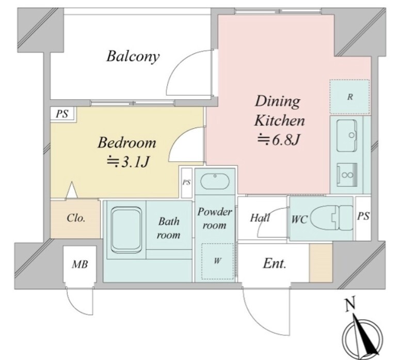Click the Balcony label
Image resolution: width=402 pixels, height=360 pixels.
(x=133, y=56)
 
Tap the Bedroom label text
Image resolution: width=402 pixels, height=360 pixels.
(x=126, y=143)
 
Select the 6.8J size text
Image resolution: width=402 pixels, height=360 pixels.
(x=279, y=140)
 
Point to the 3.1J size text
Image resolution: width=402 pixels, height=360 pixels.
(x=127, y=162)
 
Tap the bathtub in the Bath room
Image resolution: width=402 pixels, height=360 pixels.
(x=126, y=230)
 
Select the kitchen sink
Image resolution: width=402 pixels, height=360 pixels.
(x=347, y=135)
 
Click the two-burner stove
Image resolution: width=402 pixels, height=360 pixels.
(x=347, y=175)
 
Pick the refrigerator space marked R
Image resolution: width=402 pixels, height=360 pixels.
(x=349, y=97)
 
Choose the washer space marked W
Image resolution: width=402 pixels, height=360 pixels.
(x=217, y=261)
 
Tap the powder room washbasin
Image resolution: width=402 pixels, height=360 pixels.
(x=215, y=181)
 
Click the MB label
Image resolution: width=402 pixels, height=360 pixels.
(x=80, y=264)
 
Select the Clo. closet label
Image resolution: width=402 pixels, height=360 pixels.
(x=76, y=218)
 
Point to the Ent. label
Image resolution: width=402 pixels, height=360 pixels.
(x=275, y=263)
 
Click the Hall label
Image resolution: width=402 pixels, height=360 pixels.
(x=260, y=218)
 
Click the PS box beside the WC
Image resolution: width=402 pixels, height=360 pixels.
(x=363, y=218)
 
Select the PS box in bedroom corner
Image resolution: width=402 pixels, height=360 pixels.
(x=62, y=114)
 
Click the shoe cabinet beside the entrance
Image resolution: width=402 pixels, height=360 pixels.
(x=321, y=263)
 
